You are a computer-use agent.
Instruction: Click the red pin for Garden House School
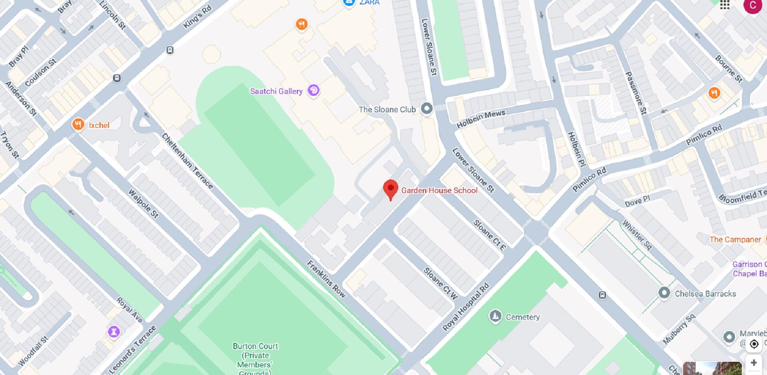pos(390,189)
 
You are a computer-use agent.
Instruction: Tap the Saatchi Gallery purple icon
pos(314,90)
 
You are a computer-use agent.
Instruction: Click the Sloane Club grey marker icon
pos(427,108)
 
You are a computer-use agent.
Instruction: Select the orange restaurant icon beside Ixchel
pos(78,124)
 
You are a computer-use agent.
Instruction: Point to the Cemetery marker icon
pos(495,316)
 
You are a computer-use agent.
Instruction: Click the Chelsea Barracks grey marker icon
pos(664,293)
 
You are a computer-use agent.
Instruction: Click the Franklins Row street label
pos(326,279)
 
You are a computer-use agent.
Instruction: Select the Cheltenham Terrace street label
pos(187,161)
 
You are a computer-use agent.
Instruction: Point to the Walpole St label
pos(143,203)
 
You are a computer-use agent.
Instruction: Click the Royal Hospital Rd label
pos(466,307)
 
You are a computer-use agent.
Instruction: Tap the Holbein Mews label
pos(481,119)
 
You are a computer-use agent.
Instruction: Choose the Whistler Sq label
pos(637,235)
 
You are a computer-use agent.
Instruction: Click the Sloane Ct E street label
pos(489,235)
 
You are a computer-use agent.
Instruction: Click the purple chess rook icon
pos(114,331)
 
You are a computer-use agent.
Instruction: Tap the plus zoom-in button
pos(753,363)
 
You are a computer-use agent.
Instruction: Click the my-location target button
pos(754,344)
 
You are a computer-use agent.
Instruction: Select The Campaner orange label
pos(735,239)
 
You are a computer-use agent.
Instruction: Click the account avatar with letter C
pos(752,5)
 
